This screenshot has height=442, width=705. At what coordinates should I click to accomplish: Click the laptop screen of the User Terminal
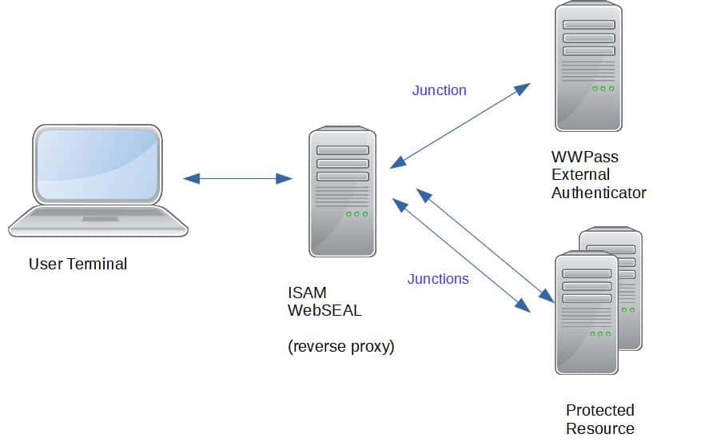point(97,165)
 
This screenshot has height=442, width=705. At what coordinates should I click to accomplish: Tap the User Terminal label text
point(78,264)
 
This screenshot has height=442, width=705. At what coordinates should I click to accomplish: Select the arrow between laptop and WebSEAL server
point(237,178)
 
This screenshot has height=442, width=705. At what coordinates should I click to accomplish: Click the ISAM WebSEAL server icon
point(342,192)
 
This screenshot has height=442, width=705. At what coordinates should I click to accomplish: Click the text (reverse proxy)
point(341,347)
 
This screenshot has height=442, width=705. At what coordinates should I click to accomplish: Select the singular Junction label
point(439,90)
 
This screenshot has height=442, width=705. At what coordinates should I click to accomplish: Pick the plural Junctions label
point(438,279)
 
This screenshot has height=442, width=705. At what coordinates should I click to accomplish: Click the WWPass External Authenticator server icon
point(588,67)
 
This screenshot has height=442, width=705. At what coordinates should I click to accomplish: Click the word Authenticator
point(598,193)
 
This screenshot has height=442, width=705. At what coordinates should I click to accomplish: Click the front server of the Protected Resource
point(586,312)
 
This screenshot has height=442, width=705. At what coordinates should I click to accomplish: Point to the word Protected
point(599,410)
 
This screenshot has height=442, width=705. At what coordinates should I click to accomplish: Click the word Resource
point(599,428)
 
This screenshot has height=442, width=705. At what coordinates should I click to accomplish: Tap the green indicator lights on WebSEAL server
point(356,214)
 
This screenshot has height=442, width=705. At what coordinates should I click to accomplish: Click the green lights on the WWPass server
point(603,89)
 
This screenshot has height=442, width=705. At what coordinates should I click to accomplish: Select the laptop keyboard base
point(98,221)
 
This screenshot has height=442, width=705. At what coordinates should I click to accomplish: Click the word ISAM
point(307,293)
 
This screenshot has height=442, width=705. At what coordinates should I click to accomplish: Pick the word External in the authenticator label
point(580,174)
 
